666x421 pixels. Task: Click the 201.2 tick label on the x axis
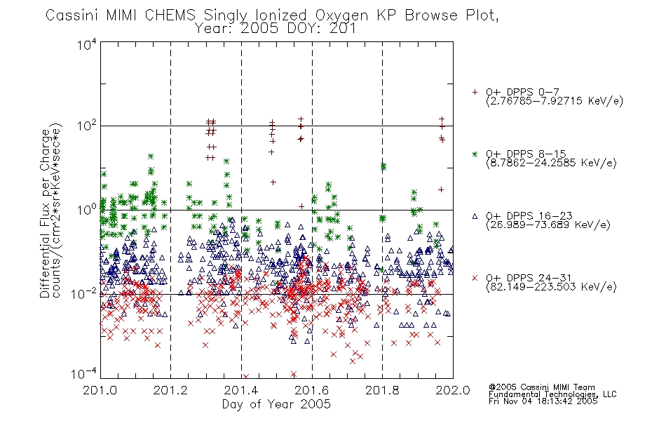(x=170, y=390)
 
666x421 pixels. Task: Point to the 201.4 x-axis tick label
(x=241, y=390)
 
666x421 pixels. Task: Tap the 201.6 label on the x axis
(x=312, y=390)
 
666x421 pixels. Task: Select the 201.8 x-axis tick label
(x=382, y=390)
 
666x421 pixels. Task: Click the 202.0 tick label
(x=453, y=390)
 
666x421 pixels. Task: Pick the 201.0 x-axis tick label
(x=100, y=390)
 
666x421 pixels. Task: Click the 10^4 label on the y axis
(x=87, y=44)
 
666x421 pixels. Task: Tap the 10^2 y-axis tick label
(x=87, y=126)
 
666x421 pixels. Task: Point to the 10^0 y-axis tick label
(x=87, y=210)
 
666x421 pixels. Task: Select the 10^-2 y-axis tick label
(x=84, y=294)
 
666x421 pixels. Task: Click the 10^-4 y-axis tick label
(x=84, y=374)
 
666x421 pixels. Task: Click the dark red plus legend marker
(x=475, y=92)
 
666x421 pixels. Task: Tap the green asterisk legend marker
(x=475, y=154)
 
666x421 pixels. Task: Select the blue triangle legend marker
(x=475, y=216)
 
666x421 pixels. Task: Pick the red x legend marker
(x=475, y=278)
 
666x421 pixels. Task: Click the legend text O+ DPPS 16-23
(x=529, y=215)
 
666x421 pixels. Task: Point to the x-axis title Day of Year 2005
(x=276, y=404)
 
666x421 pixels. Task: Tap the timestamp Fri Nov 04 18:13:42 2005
(x=543, y=401)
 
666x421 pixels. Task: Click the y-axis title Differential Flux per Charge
(x=45, y=213)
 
